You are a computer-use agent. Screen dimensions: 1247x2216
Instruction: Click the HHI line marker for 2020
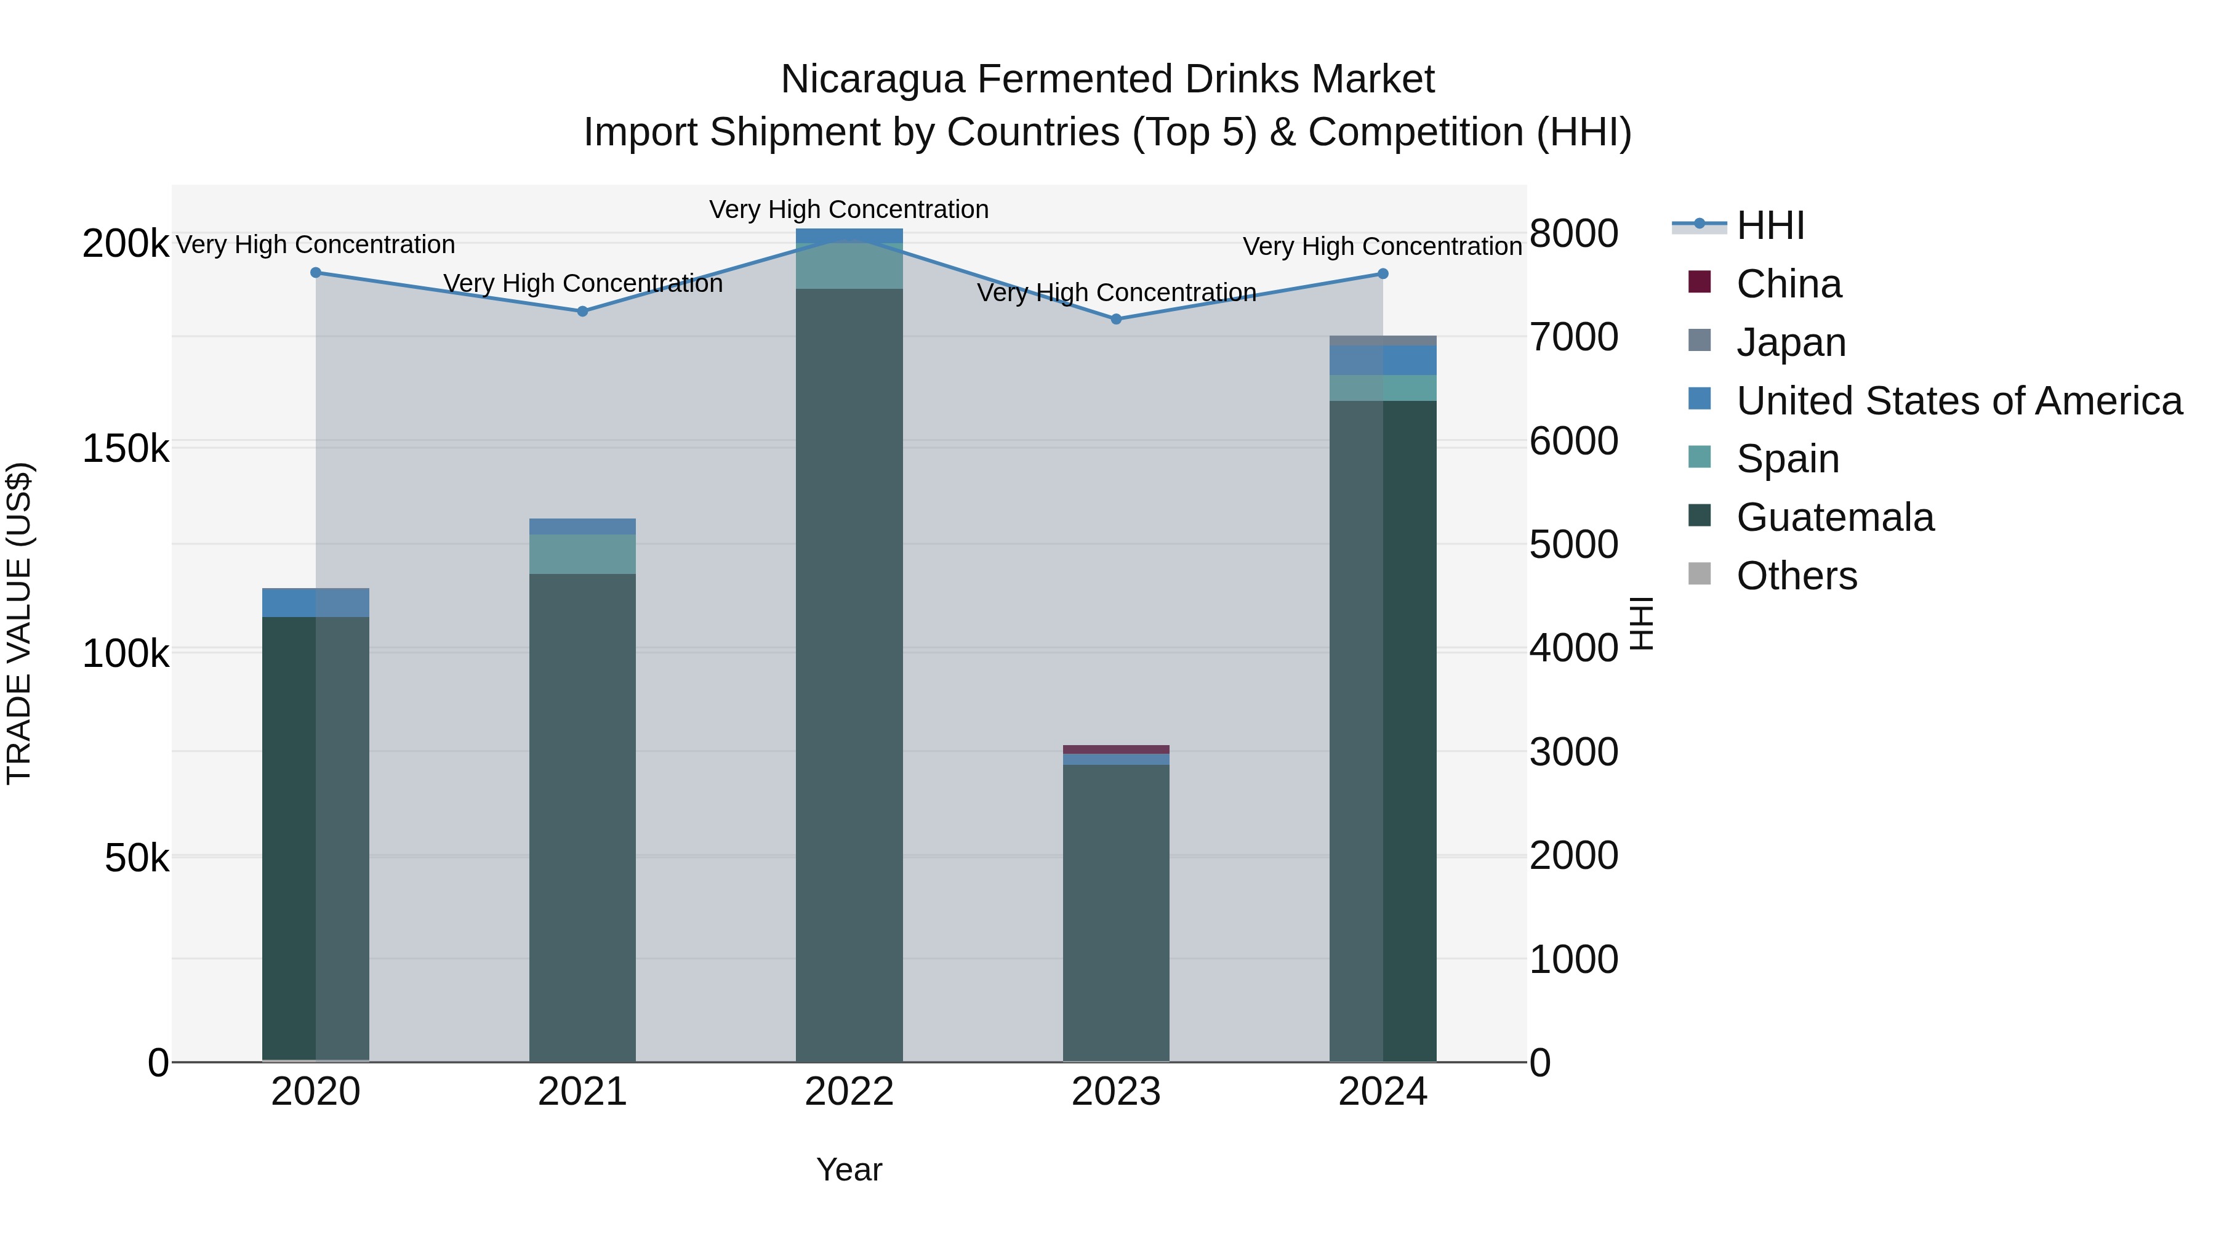point(316,273)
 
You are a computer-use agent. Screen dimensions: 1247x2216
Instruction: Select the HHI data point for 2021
point(582,312)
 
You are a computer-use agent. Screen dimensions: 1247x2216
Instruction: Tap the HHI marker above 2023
point(1116,319)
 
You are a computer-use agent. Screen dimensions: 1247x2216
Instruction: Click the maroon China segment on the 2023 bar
point(1116,749)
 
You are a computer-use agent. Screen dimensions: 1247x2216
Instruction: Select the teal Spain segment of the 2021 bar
point(582,554)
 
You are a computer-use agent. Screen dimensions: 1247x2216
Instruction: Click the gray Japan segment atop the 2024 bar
point(1383,341)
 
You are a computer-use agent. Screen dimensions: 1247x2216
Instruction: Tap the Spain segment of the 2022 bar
point(849,266)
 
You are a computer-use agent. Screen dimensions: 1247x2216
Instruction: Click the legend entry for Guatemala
point(1835,517)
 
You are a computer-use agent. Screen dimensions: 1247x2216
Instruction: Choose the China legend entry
point(1788,284)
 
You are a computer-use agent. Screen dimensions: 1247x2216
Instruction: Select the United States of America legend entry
point(1959,401)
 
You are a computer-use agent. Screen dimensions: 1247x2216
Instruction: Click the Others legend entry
point(1796,576)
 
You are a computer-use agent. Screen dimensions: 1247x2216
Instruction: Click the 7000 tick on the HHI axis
point(1573,337)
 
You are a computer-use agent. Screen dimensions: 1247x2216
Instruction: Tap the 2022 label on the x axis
point(849,1092)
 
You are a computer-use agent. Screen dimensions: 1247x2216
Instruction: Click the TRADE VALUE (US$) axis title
point(19,623)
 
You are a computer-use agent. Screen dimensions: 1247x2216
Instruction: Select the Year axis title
point(849,1169)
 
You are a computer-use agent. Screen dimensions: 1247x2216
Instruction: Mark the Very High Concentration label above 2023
point(1116,293)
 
